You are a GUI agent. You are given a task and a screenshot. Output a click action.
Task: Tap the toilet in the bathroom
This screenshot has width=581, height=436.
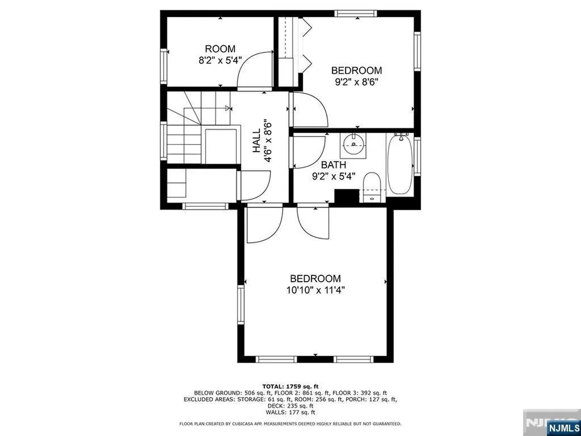coord(372,186)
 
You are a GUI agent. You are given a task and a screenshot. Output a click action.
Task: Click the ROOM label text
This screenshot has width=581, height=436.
coord(220,49)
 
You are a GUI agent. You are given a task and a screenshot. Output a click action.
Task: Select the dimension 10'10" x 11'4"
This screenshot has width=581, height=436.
coord(315,290)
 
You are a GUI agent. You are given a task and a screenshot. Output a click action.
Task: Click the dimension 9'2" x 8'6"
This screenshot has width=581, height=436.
coord(356,81)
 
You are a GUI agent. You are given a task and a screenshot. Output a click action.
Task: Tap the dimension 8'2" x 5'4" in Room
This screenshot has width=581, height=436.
coord(220,60)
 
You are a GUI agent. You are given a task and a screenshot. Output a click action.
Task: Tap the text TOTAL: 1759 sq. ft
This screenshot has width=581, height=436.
coord(290,385)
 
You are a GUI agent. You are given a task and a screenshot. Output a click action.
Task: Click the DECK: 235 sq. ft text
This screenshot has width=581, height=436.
coord(290,405)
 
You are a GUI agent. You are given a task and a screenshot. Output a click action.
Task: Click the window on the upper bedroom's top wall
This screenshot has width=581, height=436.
coord(356,12)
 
